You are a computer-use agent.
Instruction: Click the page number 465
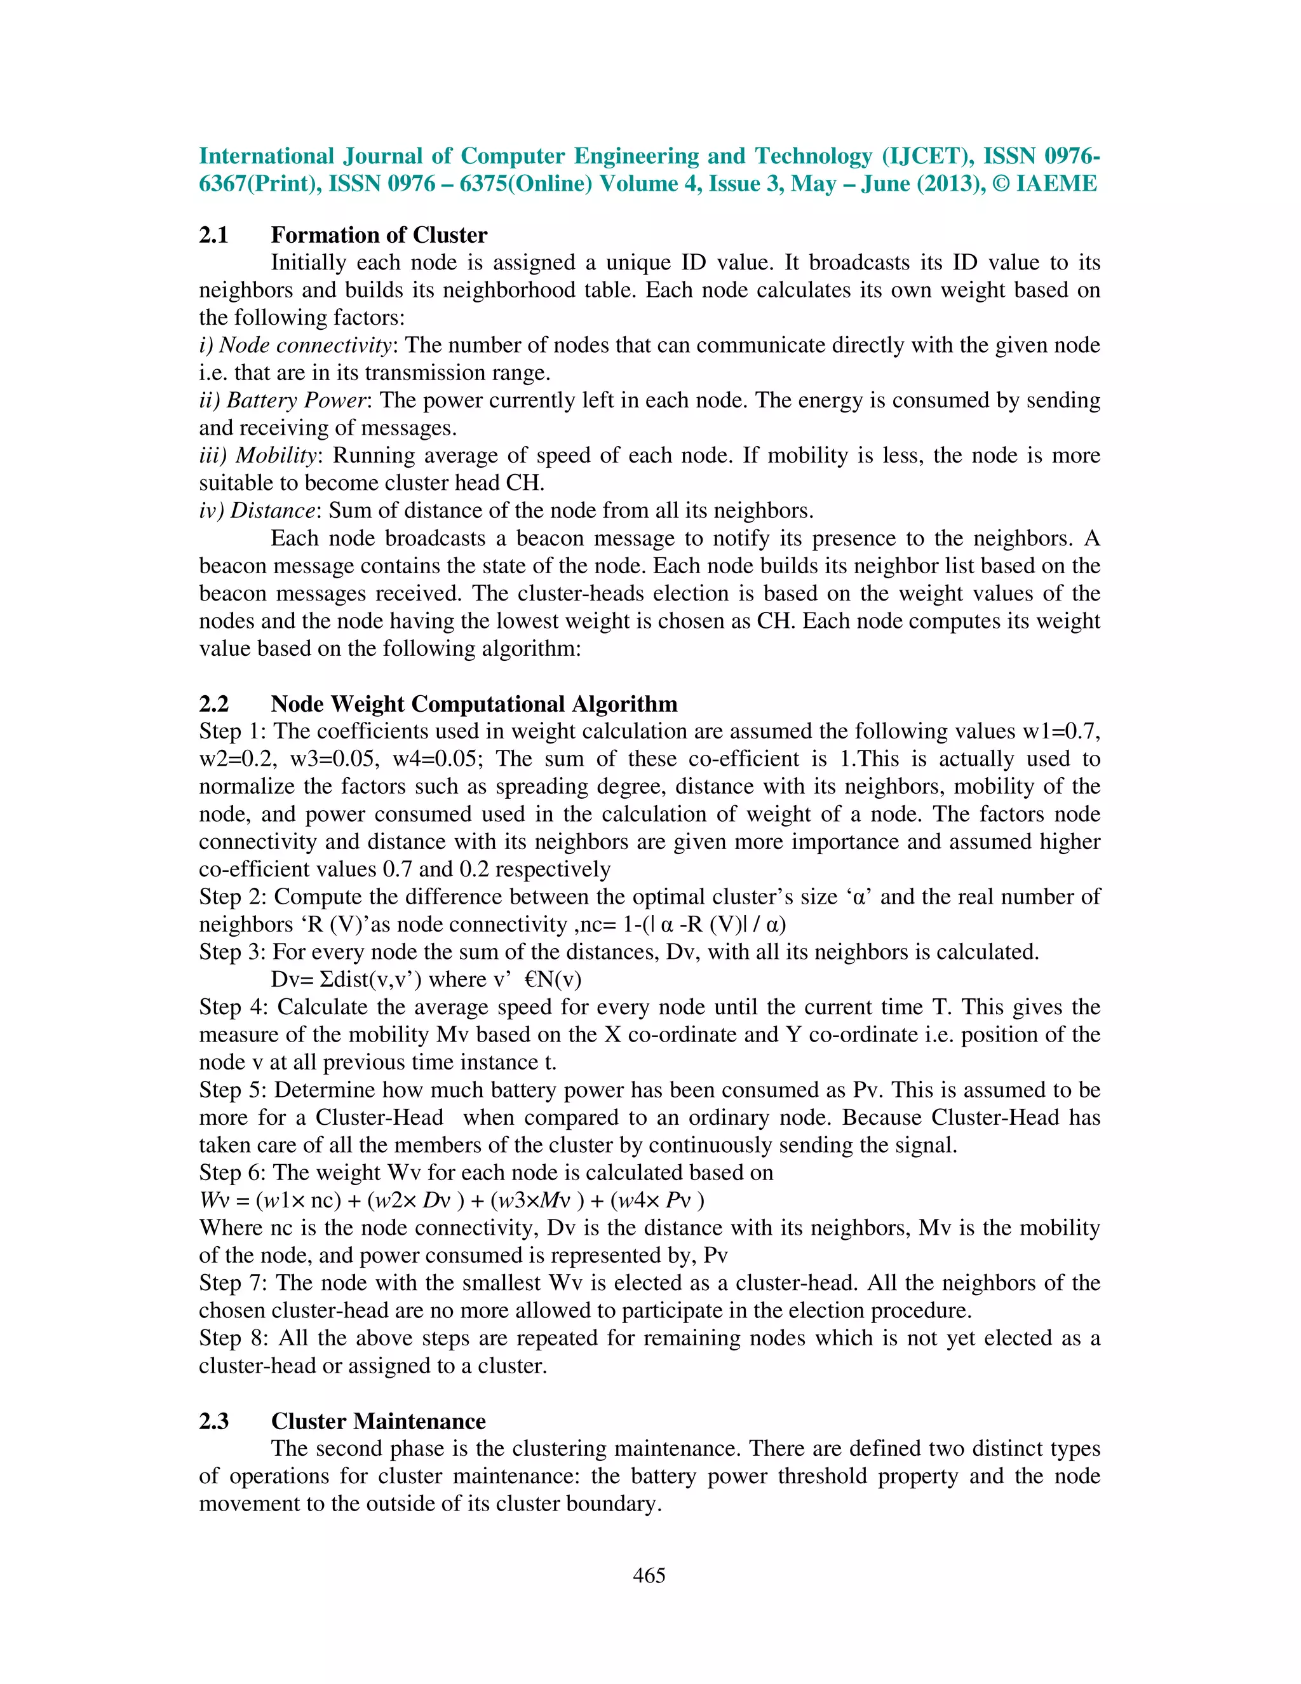pos(649,1575)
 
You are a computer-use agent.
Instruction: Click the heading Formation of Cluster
pos(379,234)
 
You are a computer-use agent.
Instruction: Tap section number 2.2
pos(213,703)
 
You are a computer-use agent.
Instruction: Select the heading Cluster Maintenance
pos(378,1420)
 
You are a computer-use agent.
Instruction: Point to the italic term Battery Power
pos(296,400)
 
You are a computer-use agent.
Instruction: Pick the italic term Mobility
pos(276,455)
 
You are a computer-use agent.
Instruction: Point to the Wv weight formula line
pos(452,1200)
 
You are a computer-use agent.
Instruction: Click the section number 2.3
pos(213,1420)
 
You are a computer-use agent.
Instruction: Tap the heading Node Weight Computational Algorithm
pos(474,703)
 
